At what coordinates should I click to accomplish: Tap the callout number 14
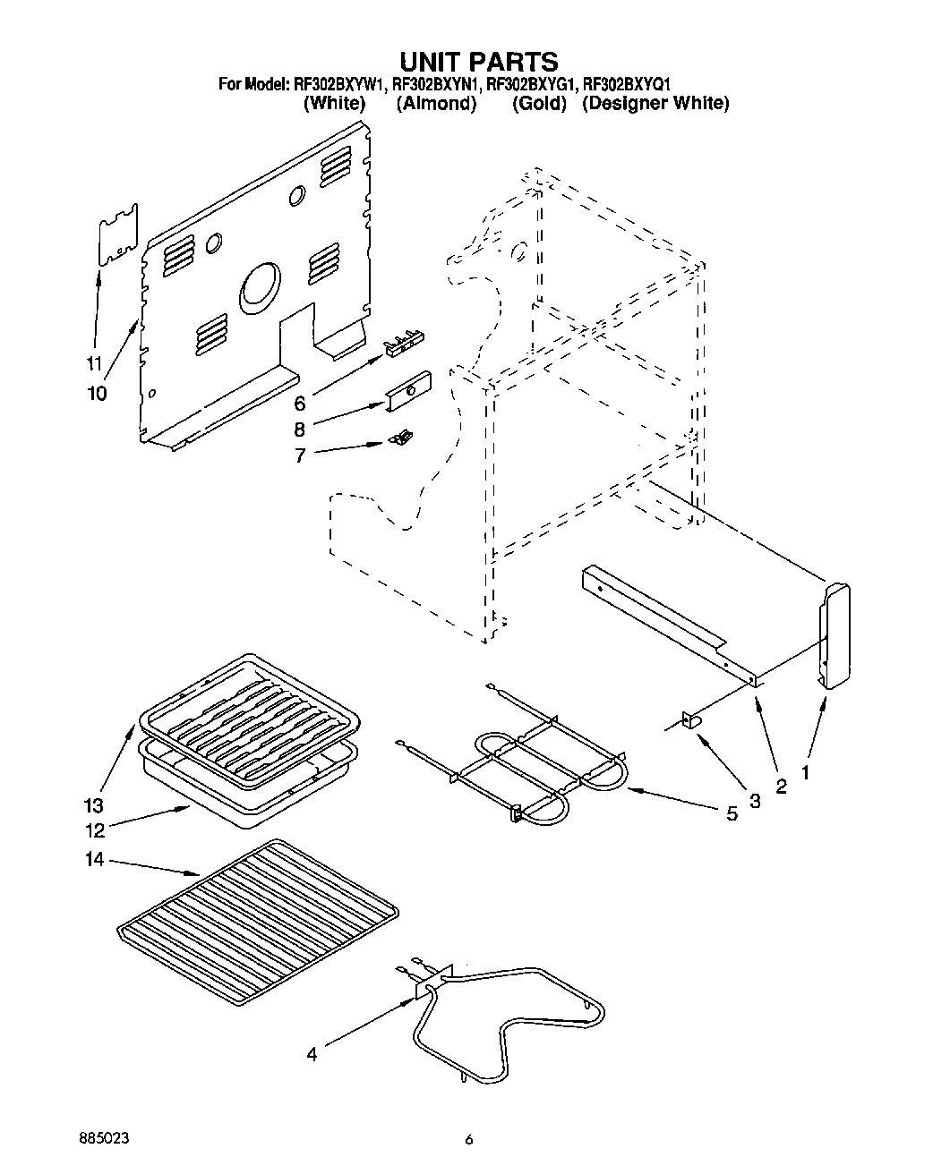pyautogui.click(x=95, y=860)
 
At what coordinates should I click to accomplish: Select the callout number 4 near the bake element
pyautogui.click(x=312, y=1054)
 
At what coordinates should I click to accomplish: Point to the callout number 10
pyautogui.click(x=96, y=393)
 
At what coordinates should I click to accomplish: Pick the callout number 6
pyautogui.click(x=300, y=403)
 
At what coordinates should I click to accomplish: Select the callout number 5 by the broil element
pyautogui.click(x=732, y=814)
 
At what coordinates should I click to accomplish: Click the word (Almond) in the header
pyautogui.click(x=436, y=104)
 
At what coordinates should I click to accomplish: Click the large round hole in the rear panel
pyautogui.click(x=261, y=288)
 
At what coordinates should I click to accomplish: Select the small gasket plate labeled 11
pyautogui.click(x=117, y=235)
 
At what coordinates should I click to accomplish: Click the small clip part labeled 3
pyautogui.click(x=690, y=721)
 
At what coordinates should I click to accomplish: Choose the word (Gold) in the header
pyautogui.click(x=540, y=104)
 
